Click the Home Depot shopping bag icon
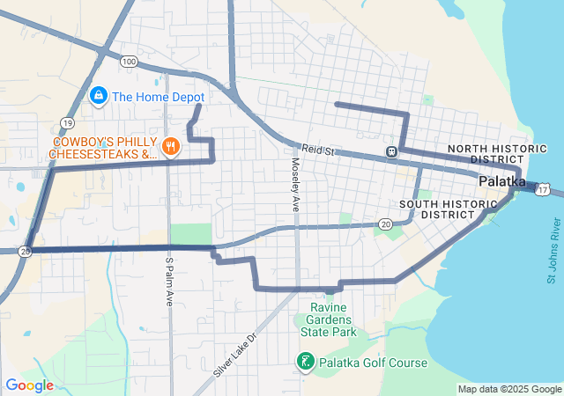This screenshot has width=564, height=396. [x=100, y=96]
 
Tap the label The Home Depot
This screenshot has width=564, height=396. [x=159, y=98]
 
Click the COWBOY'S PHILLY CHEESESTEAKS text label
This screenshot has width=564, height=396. [x=102, y=148]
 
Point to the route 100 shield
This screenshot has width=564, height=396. [x=130, y=62]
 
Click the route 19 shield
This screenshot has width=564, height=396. [x=67, y=122]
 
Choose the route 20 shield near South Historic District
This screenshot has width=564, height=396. [x=386, y=224]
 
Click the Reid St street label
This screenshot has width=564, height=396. [x=319, y=151]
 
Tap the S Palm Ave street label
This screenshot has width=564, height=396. [x=168, y=281]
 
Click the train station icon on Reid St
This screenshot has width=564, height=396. [x=390, y=151]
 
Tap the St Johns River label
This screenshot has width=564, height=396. [x=552, y=259]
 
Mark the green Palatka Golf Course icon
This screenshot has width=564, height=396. [x=304, y=362]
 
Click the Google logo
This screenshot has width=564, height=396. [x=29, y=385]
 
